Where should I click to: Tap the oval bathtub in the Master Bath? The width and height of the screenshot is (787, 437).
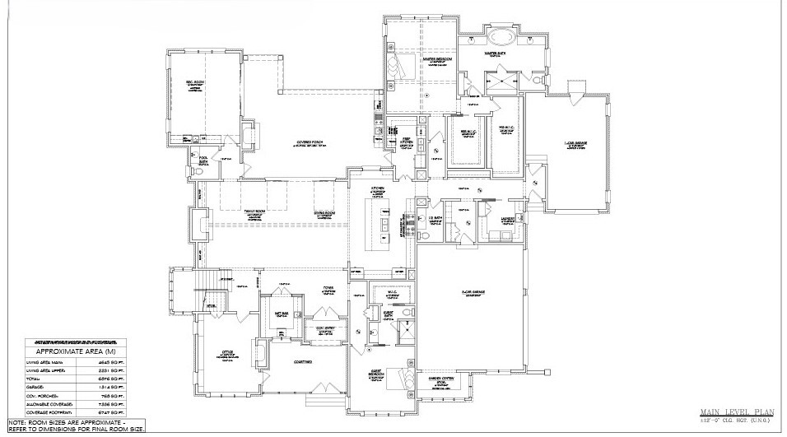pyautogui.click(x=500, y=38)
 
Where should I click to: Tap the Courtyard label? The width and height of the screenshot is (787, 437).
pyautogui.click(x=300, y=360)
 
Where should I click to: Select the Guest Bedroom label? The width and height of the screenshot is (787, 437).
pyautogui.click(x=378, y=373)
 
